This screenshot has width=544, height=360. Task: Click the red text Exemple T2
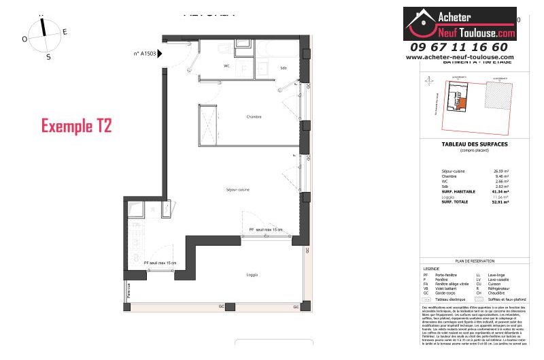coord(76,126)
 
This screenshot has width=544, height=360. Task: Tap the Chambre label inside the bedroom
coord(254,117)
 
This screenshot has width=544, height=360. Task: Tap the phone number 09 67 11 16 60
coord(459,47)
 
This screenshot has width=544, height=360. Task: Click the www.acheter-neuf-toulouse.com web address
coord(460,57)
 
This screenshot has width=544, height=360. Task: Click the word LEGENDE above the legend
coord(430,267)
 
